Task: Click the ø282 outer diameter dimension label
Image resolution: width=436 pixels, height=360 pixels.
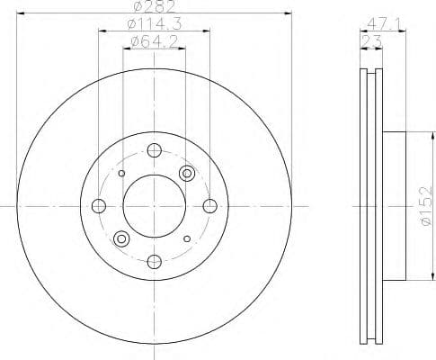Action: pyautogui.click(x=153, y=8)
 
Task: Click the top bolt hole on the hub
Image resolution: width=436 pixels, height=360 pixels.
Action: pyautogui.click(x=154, y=150)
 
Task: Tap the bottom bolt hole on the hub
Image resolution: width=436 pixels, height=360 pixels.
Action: pyautogui.click(x=154, y=262)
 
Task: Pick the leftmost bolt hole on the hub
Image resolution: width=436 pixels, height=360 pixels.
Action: pyautogui.click(x=98, y=206)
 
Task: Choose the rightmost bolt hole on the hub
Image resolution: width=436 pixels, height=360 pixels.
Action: pyautogui.click(x=209, y=206)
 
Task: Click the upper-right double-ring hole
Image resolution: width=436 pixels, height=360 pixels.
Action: pyautogui.click(x=187, y=173)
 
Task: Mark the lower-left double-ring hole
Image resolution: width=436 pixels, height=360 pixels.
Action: pyautogui.click(x=120, y=238)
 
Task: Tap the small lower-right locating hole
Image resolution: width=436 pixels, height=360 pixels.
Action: pyautogui.click(x=186, y=238)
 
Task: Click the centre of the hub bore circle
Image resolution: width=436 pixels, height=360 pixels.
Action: pyautogui.click(x=154, y=206)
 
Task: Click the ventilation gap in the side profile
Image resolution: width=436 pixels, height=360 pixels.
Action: pyautogui.click(x=369, y=206)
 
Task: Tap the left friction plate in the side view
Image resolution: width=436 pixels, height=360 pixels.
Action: pyautogui.click(x=363, y=206)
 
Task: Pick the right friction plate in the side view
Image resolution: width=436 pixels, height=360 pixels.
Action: pyautogui.click(x=377, y=206)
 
